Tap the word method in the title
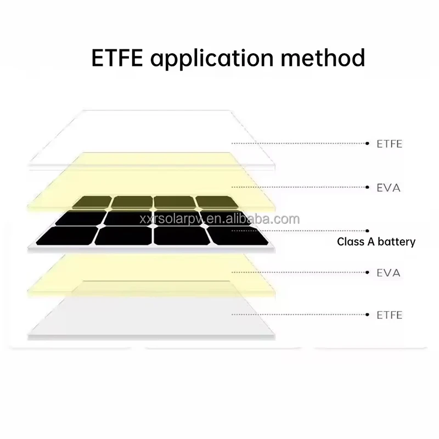(327, 58)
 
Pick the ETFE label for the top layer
(390, 144)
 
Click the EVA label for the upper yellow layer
(389, 188)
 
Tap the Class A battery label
(376, 241)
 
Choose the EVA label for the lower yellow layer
(389, 273)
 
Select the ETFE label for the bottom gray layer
(390, 315)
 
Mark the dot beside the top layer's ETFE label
(367, 144)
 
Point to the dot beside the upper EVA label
(367, 188)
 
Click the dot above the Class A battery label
(367, 231)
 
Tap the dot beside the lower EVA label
(367, 273)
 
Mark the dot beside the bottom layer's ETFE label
(367, 314)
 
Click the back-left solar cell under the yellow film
(94, 202)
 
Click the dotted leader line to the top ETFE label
(299, 144)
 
